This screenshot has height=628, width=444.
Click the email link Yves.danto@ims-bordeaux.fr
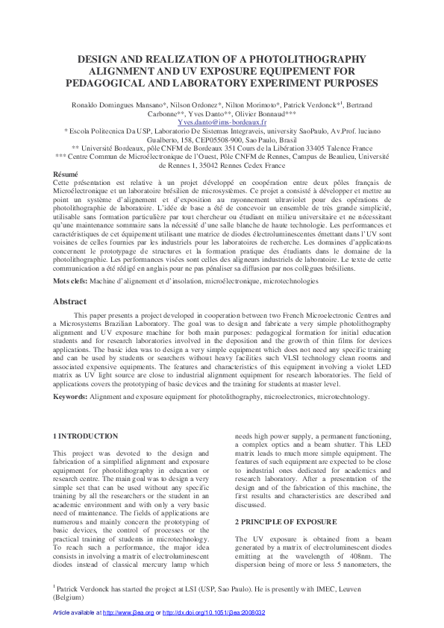222,121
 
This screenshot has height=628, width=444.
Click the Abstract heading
69,302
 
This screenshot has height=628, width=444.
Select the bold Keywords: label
71,397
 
